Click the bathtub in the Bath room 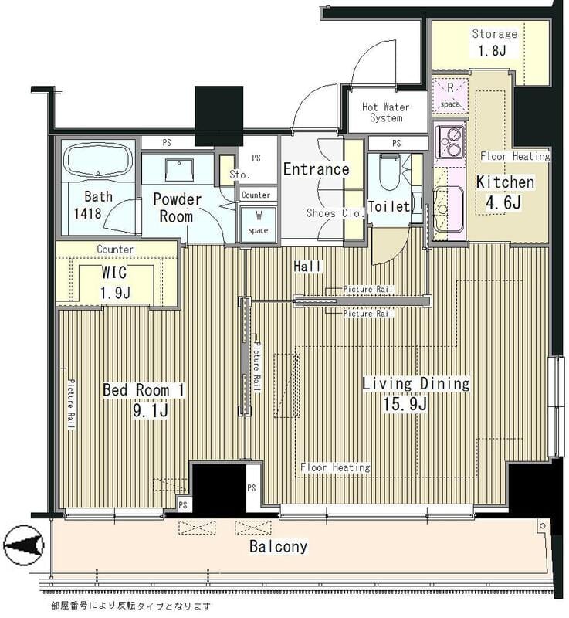[x=99, y=162]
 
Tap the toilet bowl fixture [x=389, y=172]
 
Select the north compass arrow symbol [x=24, y=545]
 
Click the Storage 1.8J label [x=494, y=42]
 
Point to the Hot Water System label [x=385, y=112]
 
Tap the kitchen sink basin [x=449, y=206]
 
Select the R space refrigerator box [x=450, y=96]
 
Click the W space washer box [x=259, y=223]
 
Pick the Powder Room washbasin [x=179, y=170]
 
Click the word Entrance [x=317, y=169]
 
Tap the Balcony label [x=279, y=547]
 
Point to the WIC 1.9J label [x=115, y=283]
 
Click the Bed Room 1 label [x=144, y=390]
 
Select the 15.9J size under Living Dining [x=405, y=404]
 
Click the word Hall [x=307, y=267]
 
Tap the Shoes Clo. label [x=336, y=213]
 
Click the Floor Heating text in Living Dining [x=335, y=467]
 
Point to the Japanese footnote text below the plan [x=130, y=606]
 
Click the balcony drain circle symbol [x=543, y=525]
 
